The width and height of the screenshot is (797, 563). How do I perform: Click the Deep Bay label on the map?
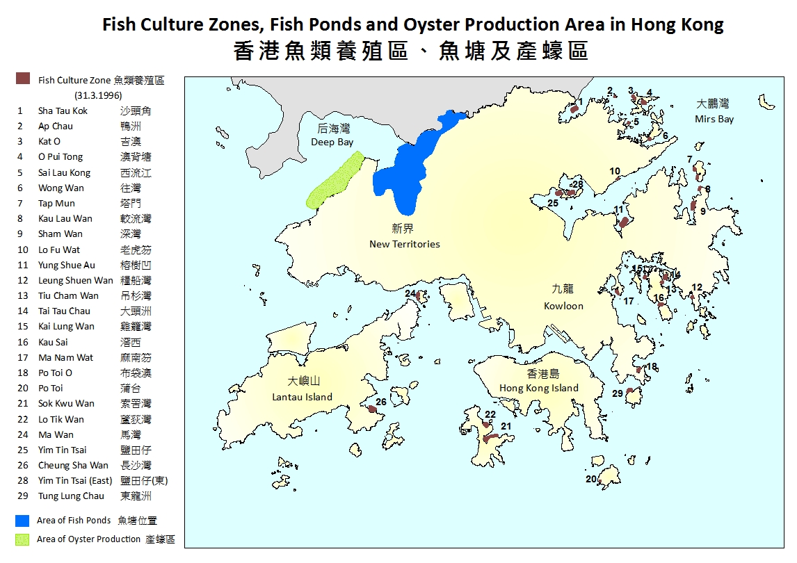[x=332, y=136]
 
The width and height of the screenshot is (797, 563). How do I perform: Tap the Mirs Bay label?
[x=714, y=112]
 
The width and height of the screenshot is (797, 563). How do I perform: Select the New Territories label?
[x=404, y=236]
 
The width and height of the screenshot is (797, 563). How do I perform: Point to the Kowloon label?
[x=563, y=297]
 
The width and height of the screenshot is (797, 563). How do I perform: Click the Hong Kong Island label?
[x=538, y=382]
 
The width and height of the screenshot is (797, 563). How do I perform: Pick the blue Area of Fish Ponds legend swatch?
[x=22, y=520]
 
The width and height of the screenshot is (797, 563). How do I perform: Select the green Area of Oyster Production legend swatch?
[x=22, y=539]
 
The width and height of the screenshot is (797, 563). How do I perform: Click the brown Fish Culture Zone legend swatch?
[x=23, y=79]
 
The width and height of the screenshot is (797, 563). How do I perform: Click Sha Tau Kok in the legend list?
[x=63, y=111]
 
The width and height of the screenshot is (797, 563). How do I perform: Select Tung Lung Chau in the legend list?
[x=71, y=496]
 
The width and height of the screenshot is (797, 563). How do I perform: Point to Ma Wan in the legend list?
[x=56, y=434]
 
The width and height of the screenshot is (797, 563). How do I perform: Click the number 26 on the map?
[x=381, y=402]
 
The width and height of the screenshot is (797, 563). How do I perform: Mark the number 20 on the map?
[x=591, y=479]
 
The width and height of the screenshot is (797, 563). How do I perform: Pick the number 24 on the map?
[x=410, y=294]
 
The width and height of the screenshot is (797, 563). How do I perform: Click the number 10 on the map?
[x=615, y=171]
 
